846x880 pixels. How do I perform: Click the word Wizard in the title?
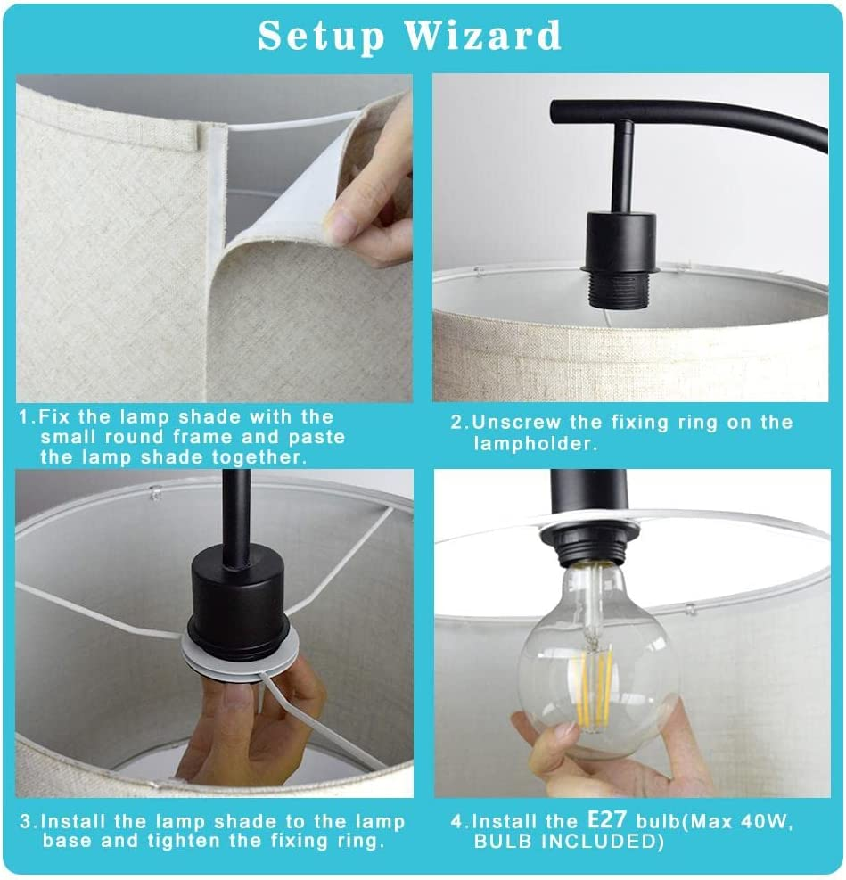(482, 36)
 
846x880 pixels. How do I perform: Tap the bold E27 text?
(606, 820)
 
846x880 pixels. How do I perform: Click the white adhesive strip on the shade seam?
(220, 185)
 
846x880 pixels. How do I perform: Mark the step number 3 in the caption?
(26, 822)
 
